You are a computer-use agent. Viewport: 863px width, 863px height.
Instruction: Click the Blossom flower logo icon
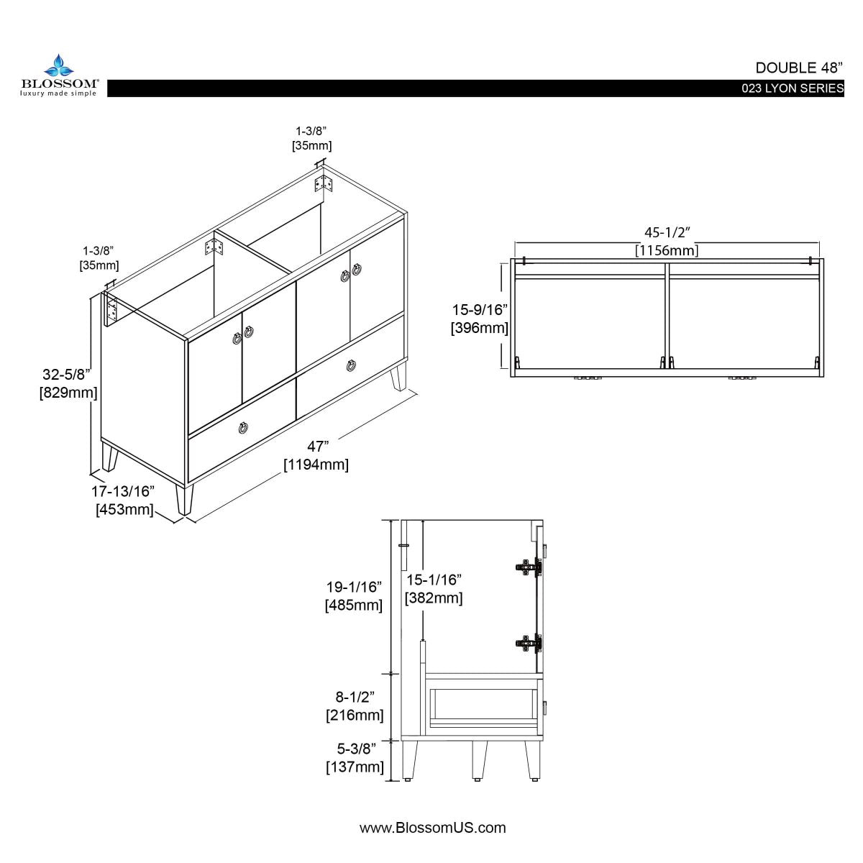coord(59,66)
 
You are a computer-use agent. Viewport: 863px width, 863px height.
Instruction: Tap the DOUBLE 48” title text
coord(798,68)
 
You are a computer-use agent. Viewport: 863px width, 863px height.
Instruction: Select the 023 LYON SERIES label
coord(793,88)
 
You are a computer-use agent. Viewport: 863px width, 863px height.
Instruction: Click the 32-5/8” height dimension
coord(65,375)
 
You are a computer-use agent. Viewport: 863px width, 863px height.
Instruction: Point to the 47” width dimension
coord(317,447)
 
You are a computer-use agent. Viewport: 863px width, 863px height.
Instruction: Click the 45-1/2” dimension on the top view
coord(666,232)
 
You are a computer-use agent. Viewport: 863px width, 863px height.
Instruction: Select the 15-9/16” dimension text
coord(480,310)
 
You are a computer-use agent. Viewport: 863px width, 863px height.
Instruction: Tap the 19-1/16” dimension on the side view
coord(354,587)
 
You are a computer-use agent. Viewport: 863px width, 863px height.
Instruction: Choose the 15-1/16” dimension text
coord(433,580)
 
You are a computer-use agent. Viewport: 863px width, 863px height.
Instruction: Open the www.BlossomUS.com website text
coord(432,828)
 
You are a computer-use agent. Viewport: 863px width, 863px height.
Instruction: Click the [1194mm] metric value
coord(316,465)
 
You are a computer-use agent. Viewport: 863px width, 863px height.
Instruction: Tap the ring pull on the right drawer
coord(351,365)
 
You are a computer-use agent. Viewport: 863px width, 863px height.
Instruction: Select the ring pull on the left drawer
coord(244,429)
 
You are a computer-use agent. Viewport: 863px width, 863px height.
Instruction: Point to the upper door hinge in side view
coord(529,566)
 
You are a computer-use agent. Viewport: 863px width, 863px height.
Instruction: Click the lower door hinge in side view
coord(529,643)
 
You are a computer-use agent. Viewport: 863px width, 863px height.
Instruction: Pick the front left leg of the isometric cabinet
coord(185,498)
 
